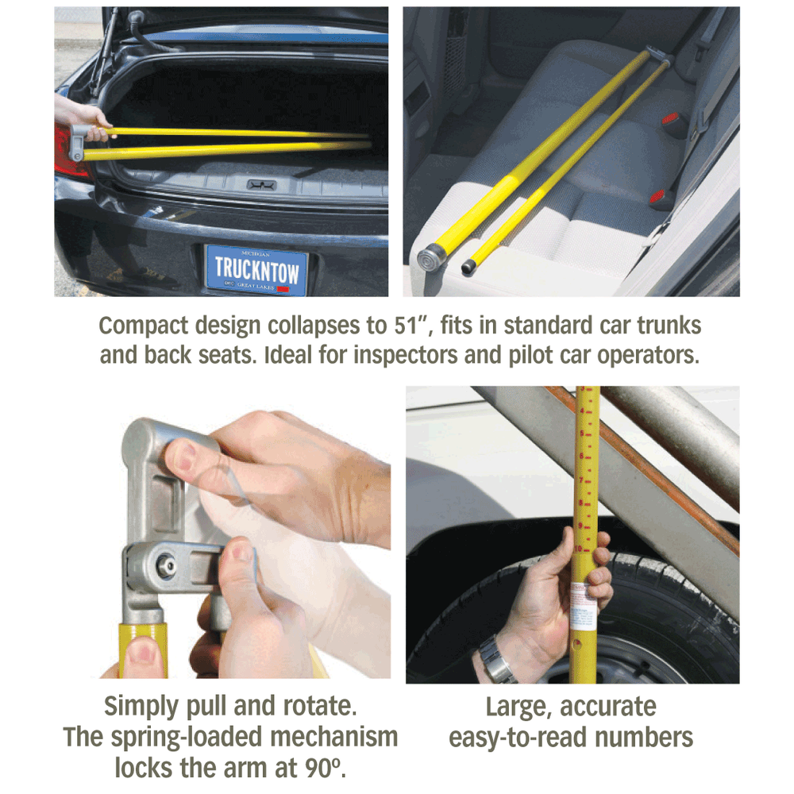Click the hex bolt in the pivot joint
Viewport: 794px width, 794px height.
click(168, 565)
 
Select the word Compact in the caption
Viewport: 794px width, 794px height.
click(143, 326)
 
